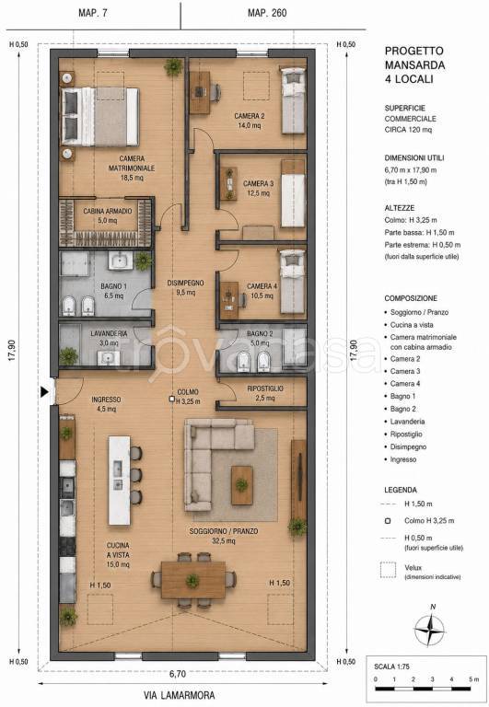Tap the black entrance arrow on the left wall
coord(44,392)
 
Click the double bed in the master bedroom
coord(100,117)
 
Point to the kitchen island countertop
coord(120,481)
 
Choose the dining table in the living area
coord(193,580)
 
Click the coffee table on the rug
coord(242,485)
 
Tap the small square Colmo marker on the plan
coord(171,399)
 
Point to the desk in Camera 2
coord(200,92)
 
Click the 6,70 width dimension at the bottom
coord(178,674)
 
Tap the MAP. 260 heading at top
coord(267,13)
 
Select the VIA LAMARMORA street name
coord(179,695)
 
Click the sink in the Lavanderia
coord(109,358)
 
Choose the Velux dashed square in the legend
coord(388,570)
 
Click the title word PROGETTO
coord(414,51)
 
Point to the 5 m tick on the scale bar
coord(471,689)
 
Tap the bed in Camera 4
coord(293,282)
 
